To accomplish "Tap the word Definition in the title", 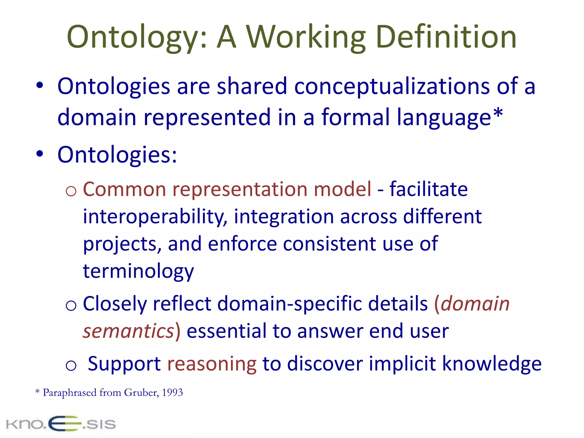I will coord(446,37).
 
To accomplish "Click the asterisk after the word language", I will coord(498,113).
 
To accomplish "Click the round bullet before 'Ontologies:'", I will coord(40,154).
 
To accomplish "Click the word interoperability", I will coord(155,217).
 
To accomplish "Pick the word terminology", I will coord(138,271).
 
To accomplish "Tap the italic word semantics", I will coord(128,331).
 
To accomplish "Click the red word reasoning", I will coord(212,364).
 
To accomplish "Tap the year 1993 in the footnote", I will coord(172,393).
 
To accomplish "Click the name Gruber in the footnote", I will coord(141,393).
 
